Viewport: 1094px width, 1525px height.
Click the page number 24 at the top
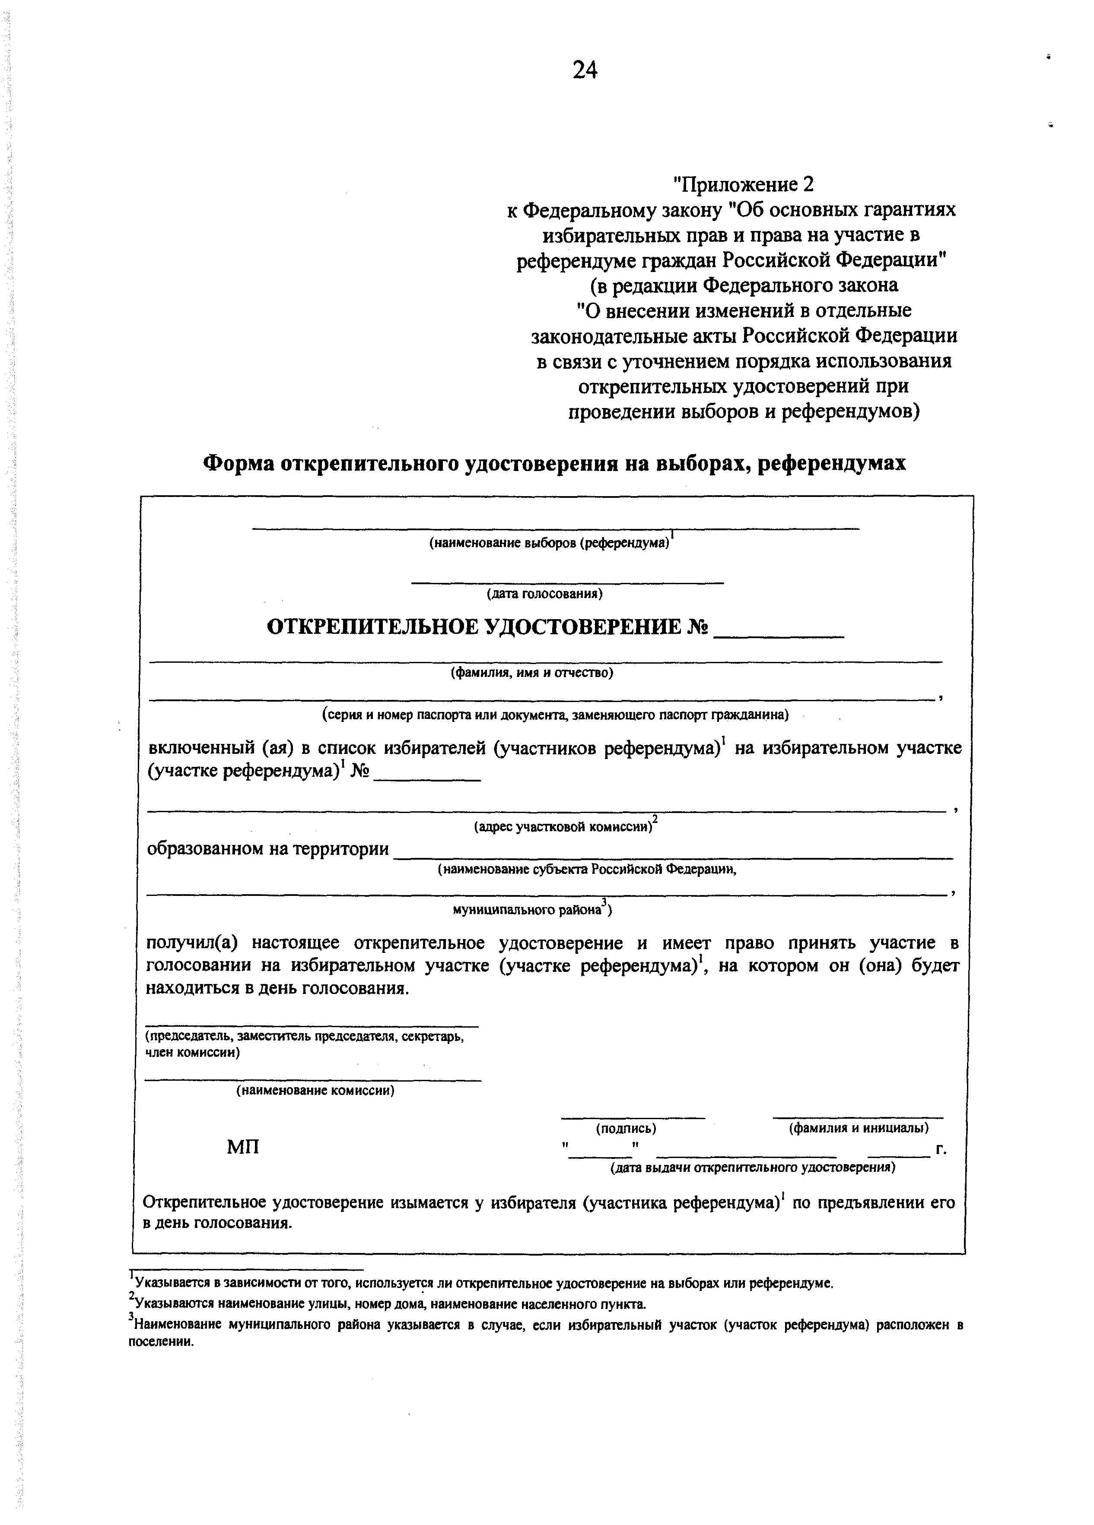click(x=584, y=70)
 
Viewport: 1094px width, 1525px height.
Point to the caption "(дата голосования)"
click(x=544, y=595)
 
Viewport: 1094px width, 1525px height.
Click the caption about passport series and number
click(x=555, y=714)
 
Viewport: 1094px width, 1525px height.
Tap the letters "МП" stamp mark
click(x=243, y=1147)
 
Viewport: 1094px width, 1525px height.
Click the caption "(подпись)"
click(x=626, y=1128)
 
